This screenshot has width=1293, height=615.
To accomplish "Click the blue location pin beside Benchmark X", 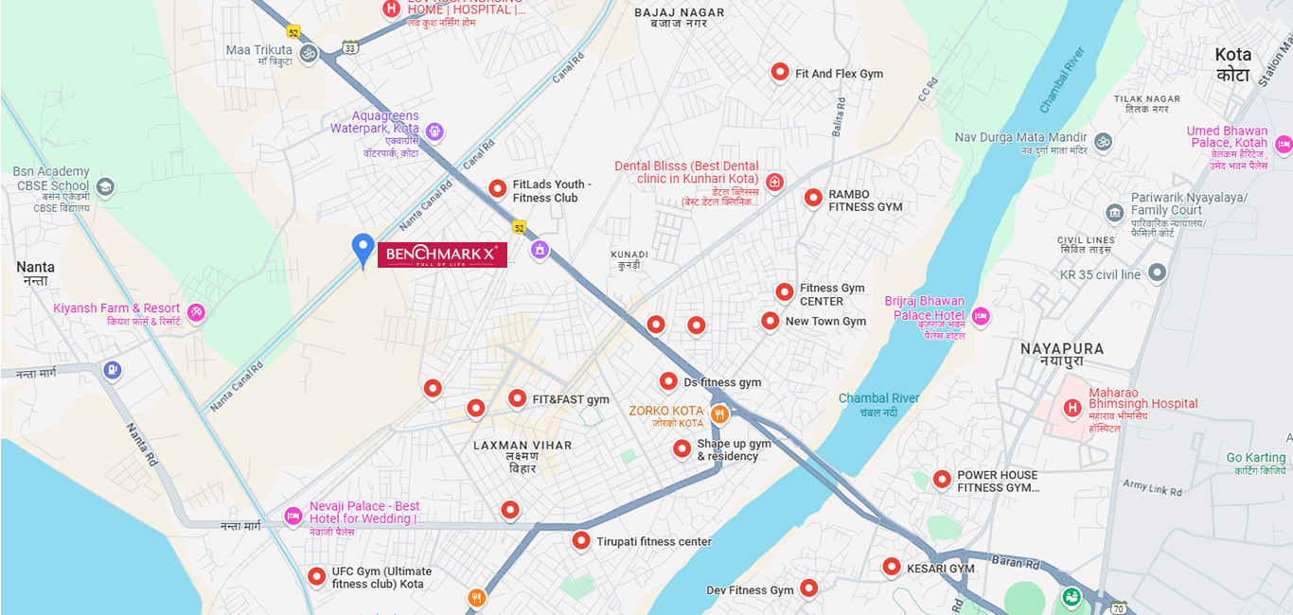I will click(x=363, y=249).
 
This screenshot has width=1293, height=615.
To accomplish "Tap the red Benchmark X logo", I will click(x=442, y=255).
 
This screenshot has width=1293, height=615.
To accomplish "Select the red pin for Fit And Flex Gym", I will click(x=780, y=71).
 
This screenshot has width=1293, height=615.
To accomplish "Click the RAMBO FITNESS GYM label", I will click(x=865, y=201).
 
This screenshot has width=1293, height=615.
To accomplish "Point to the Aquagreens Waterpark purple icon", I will click(x=434, y=131).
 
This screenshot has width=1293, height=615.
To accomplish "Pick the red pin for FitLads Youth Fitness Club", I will click(x=497, y=188).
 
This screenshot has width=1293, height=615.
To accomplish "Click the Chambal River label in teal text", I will click(x=878, y=398).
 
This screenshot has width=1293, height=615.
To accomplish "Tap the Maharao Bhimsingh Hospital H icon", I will click(x=1072, y=409).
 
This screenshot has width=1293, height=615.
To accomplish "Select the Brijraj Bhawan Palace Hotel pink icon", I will click(x=981, y=316).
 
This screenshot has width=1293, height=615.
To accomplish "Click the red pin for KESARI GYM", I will click(x=891, y=567).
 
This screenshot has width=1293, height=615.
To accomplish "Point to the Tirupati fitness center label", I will click(x=653, y=542).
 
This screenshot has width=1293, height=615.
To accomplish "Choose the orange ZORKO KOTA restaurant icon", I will click(x=719, y=413).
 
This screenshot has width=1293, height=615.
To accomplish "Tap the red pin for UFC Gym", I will click(x=316, y=575).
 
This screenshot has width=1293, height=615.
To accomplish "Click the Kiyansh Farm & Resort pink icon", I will click(x=196, y=311).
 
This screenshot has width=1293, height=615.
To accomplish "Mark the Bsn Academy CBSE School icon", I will click(x=105, y=186).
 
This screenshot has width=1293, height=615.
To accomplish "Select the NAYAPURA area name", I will click(x=1062, y=348).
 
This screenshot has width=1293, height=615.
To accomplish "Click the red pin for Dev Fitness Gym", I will click(x=808, y=588).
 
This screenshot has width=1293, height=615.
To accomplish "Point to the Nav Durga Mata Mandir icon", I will click(x=1102, y=142).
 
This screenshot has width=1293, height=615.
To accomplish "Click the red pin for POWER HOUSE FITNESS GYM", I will click(x=942, y=479).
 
